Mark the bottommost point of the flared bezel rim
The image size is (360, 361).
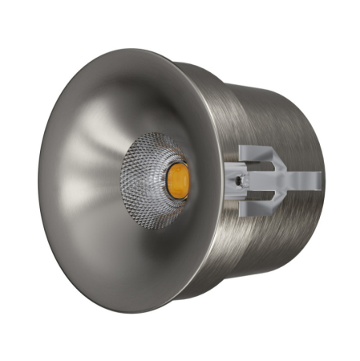coord(120,314)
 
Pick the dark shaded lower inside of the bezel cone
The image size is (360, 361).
coord(120,257)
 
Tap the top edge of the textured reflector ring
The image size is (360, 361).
coord(156,134)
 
